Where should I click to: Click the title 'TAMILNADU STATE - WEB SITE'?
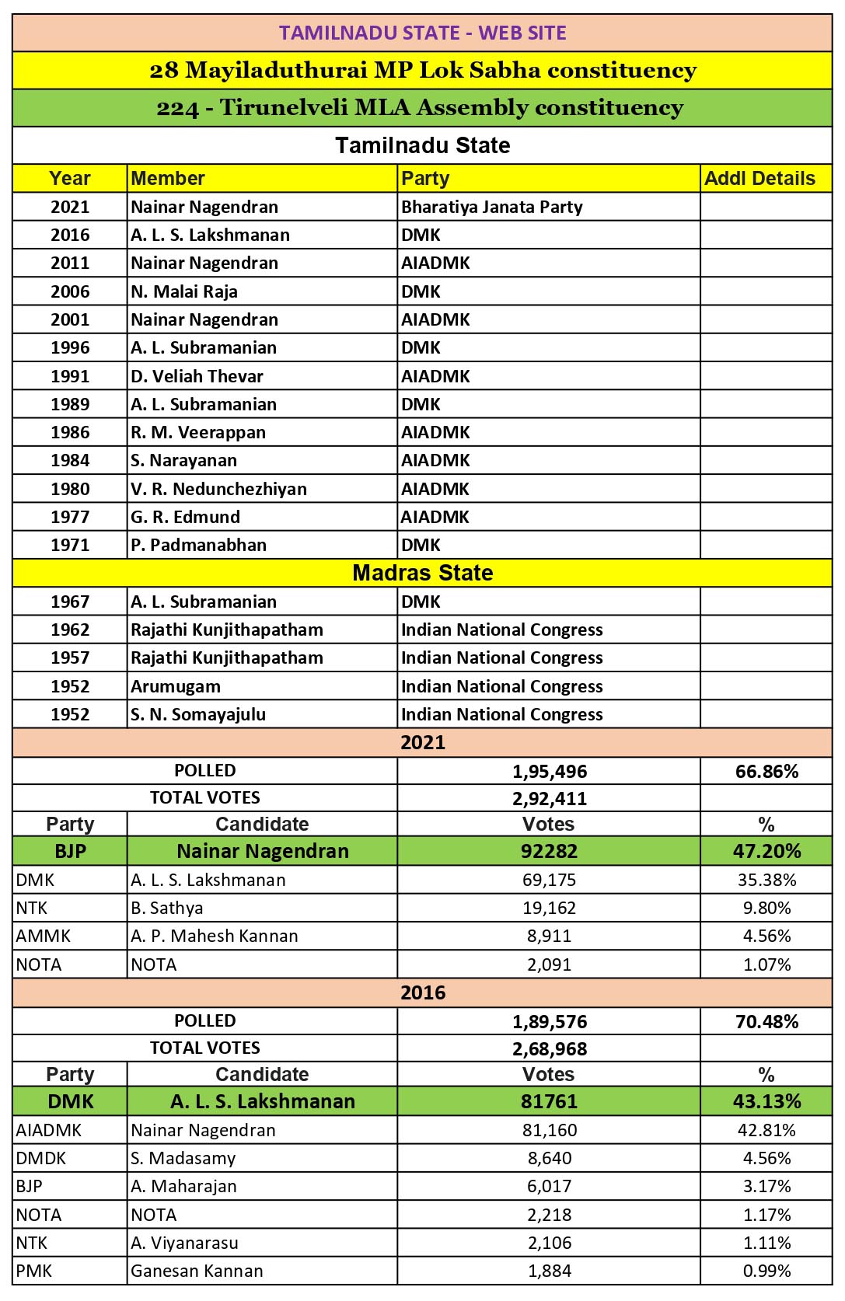coord(422,33)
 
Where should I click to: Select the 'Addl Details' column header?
coord(759,178)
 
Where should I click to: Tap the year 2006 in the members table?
coord(70,291)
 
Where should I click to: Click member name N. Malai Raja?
coord(184,291)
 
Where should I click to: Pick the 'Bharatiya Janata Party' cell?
coord(491,207)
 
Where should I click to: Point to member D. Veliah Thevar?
coord(197,376)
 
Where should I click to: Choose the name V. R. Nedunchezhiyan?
coord(218,489)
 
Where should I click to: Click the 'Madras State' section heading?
coord(422,573)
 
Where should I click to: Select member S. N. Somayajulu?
coord(198,714)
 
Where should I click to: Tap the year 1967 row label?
coord(70,602)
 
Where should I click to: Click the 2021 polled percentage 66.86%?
coord(766,771)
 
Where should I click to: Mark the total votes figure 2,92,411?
coord(550,798)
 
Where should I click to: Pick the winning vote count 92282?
coord(549,851)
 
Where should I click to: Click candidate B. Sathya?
coord(166,908)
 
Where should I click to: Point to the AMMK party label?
coord(44,936)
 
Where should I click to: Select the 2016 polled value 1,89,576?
coord(550,1021)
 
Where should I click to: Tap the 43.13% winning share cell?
coord(766,1101)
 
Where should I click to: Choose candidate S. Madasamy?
coord(183,1158)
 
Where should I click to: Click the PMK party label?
coord(34,1271)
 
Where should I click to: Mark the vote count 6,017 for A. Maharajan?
coord(550,1186)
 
